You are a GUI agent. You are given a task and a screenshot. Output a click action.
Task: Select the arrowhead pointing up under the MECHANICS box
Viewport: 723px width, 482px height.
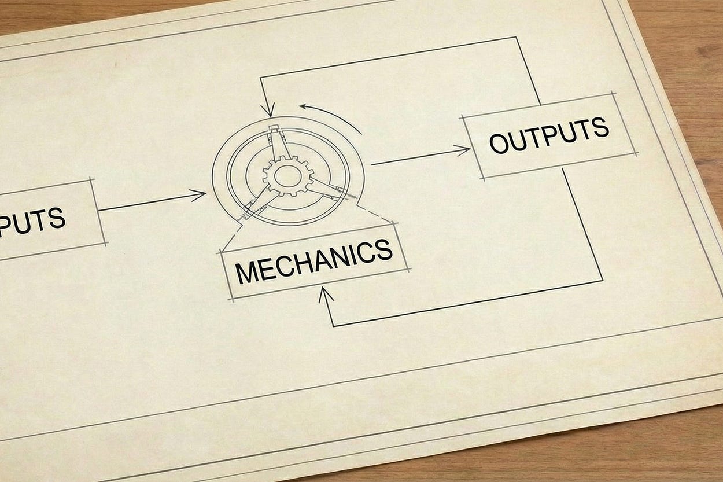(x=326, y=293)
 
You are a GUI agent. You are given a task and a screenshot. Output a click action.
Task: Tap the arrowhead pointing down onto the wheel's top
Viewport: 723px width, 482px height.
(x=267, y=110)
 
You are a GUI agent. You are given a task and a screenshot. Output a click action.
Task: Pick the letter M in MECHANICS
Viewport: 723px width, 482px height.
(x=245, y=272)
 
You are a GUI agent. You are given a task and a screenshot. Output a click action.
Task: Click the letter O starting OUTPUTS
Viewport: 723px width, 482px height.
(x=499, y=143)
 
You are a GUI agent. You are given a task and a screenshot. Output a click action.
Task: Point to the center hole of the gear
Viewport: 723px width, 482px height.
(x=288, y=175)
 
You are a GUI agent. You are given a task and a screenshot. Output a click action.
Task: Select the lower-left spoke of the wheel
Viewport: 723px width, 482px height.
(x=259, y=203)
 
